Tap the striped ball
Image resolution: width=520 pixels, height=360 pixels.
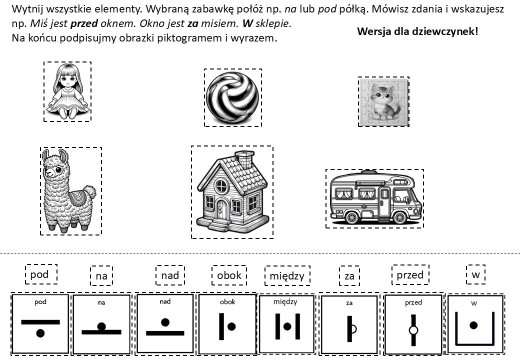pyautogui.click(x=233, y=97)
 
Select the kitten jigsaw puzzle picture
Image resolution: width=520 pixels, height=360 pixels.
pyautogui.click(x=383, y=102)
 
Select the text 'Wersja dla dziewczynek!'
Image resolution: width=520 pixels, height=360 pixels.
pyautogui.click(x=417, y=31)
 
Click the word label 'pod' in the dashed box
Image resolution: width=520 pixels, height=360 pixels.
pyautogui.click(x=40, y=274)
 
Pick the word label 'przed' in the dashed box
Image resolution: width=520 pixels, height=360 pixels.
pyautogui.click(x=410, y=275)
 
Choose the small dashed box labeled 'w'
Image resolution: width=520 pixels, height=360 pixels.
pyautogui.click(x=475, y=274)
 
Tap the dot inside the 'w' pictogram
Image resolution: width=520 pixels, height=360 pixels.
pyautogui.click(x=474, y=325)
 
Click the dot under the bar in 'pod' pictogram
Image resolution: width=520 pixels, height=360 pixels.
pyautogui.click(x=40, y=332)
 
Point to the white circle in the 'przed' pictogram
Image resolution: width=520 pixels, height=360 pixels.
pyautogui.click(x=413, y=330)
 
